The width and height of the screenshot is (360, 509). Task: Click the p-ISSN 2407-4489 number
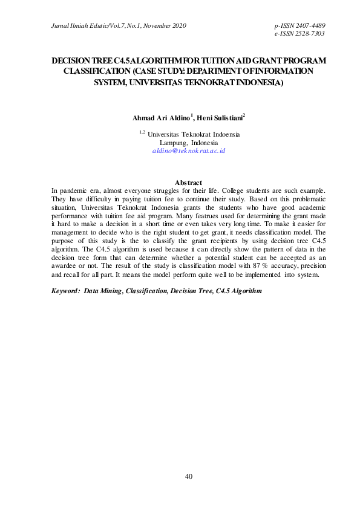click(x=300, y=26)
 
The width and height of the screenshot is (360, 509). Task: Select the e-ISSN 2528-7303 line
click(x=300, y=34)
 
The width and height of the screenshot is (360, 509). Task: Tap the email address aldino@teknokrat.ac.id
click(x=188, y=150)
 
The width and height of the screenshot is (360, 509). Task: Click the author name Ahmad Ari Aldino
click(x=162, y=118)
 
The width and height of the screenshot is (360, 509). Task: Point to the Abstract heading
click(x=188, y=182)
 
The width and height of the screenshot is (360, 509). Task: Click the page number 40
click(x=188, y=476)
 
